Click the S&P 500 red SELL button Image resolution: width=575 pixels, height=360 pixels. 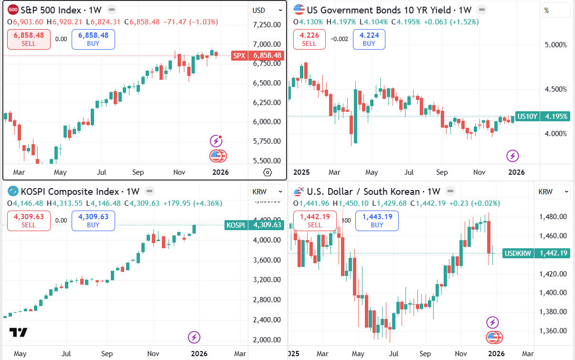click(29, 39)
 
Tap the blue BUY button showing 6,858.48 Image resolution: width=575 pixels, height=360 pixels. click(93, 39)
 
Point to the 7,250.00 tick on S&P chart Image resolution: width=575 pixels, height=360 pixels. click(266, 25)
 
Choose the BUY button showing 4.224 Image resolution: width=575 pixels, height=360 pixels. click(369, 39)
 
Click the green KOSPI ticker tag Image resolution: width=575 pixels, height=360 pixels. click(235, 225)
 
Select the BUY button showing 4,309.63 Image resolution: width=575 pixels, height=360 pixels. click(93, 221)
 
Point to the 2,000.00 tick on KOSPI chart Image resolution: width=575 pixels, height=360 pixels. click(266, 340)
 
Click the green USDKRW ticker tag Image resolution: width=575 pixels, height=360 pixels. click(518, 253)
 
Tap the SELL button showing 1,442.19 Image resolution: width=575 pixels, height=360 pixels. click(315, 221)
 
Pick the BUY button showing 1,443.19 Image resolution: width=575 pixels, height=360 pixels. click(377, 221)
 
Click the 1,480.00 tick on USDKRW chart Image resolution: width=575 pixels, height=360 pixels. click(553, 217)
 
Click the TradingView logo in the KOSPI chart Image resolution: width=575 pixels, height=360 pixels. click(18, 332)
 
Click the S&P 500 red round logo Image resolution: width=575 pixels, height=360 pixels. click(13, 9)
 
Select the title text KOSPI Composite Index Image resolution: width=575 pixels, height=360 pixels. click(70, 192)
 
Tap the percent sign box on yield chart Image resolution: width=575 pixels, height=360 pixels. click(556, 10)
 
